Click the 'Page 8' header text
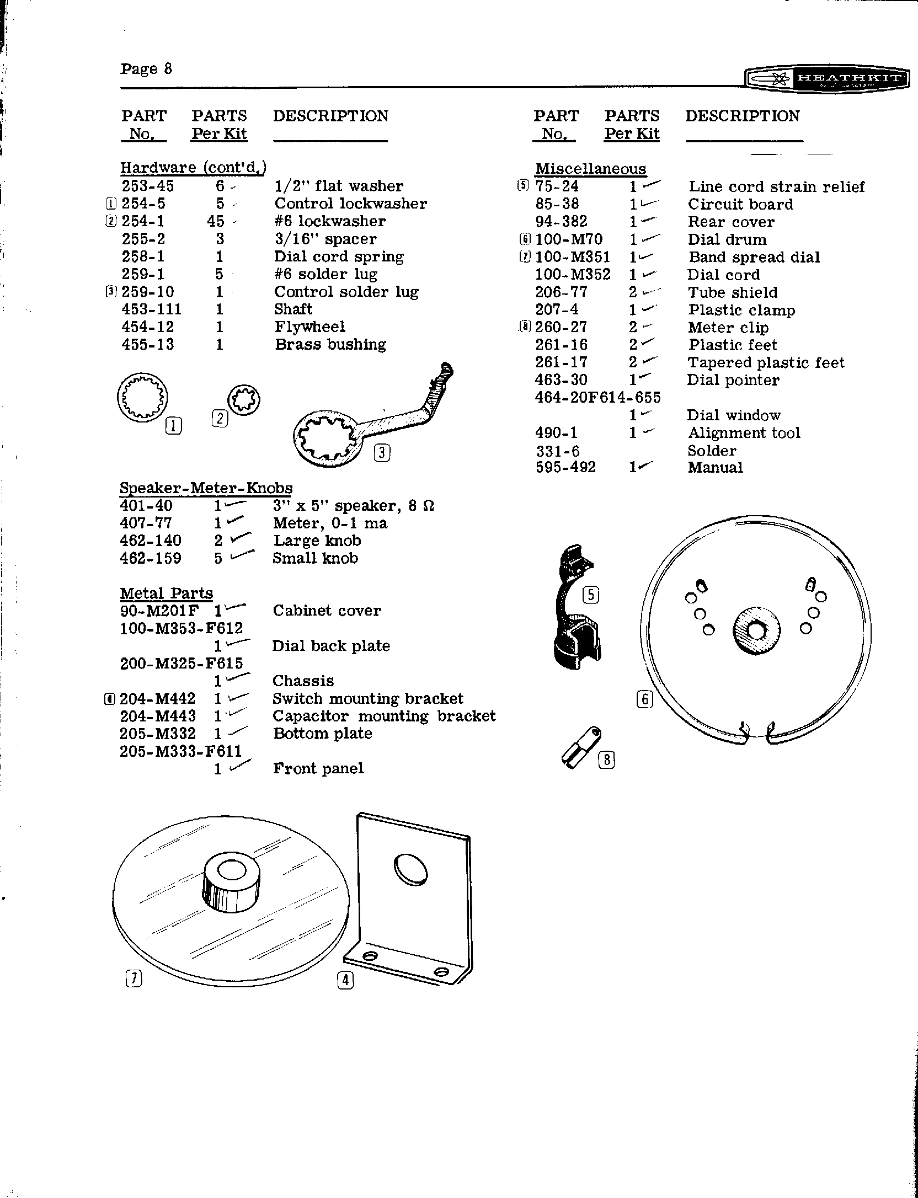146,69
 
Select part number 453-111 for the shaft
151,309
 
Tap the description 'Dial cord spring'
339,257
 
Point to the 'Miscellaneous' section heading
590,169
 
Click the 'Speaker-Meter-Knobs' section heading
206,488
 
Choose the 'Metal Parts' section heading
166,593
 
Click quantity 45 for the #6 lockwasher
216,221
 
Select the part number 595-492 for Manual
565,468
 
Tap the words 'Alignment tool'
743,433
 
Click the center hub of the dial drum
756,630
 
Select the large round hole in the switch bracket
410,870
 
